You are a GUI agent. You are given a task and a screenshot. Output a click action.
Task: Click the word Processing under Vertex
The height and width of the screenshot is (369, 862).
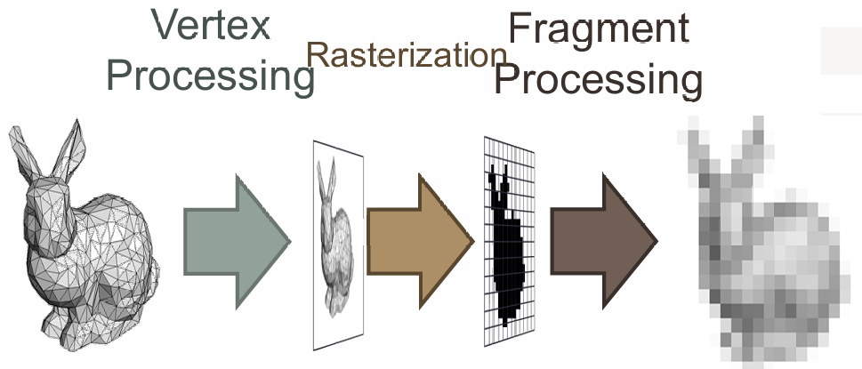point(211,76)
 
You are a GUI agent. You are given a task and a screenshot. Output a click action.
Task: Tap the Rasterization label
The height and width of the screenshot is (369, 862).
point(407,55)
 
